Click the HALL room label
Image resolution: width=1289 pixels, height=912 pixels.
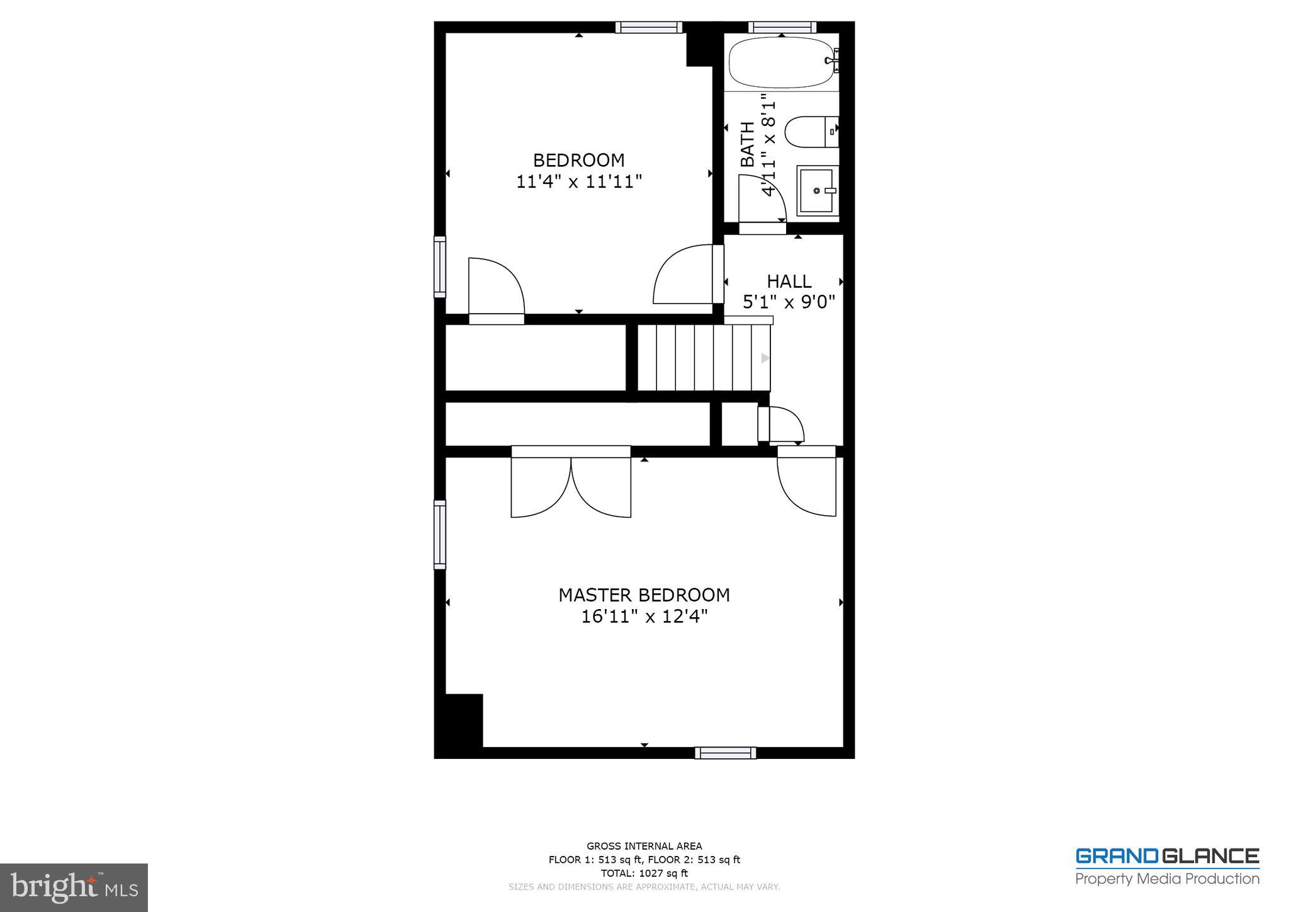[789, 281]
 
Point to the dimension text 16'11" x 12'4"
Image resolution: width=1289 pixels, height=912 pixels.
[644, 617]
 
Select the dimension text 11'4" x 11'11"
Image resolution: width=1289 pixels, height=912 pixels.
[578, 182]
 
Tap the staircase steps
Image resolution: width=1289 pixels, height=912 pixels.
[704, 358]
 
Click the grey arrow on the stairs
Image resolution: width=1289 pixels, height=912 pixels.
[765, 358]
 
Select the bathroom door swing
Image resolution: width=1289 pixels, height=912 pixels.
[762, 200]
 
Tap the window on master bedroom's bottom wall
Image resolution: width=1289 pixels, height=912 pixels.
[725, 753]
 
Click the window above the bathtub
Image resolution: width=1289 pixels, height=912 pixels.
[782, 27]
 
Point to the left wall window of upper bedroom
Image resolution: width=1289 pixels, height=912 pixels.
[440, 267]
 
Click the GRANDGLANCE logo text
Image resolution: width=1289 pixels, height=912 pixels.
[1167, 857]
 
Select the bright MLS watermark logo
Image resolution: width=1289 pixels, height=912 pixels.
[74, 887]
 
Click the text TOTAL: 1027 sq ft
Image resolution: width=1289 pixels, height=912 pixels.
[644, 873]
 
